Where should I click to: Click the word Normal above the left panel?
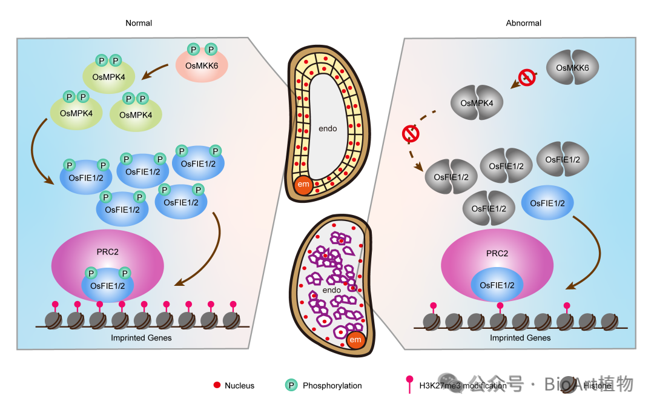139,23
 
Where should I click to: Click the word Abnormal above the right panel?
523,23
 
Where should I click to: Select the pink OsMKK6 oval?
202,65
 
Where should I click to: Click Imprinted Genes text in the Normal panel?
141,337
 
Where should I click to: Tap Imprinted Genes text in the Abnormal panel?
520,337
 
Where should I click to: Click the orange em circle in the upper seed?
303,185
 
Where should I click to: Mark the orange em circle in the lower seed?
355,339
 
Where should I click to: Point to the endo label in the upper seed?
328,128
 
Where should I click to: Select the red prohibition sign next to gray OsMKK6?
526,78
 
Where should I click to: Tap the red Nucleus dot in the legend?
216,385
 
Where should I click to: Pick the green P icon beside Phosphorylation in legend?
291,385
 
